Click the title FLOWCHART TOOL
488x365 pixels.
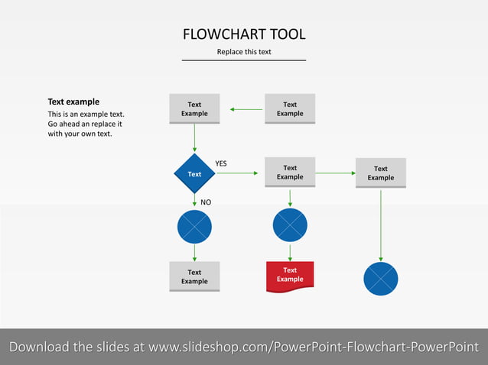pyautogui.click(x=244, y=34)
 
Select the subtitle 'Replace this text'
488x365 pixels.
pyautogui.click(x=244, y=52)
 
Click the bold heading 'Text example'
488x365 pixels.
pyautogui.click(x=73, y=102)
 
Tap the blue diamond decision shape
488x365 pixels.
pyautogui.click(x=194, y=173)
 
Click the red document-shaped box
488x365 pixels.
pyautogui.click(x=290, y=276)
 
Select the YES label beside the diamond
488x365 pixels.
pyautogui.click(x=221, y=163)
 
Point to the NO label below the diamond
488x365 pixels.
pyautogui.click(x=206, y=202)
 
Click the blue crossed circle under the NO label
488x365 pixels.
pyautogui.click(x=194, y=227)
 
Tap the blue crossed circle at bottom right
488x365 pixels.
pyautogui.click(x=381, y=279)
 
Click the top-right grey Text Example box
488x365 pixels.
pyautogui.click(x=290, y=108)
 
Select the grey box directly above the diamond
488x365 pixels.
pyautogui.click(x=194, y=108)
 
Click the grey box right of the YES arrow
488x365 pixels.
pyautogui.click(x=290, y=173)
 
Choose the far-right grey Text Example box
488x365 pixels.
pyautogui.click(x=381, y=173)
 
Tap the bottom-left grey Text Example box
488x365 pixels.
pyautogui.click(x=194, y=276)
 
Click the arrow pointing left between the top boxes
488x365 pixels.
pyautogui.click(x=246, y=109)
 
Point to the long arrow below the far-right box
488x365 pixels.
pyautogui.click(x=381, y=225)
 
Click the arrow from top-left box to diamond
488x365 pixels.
pyautogui.click(x=194, y=137)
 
